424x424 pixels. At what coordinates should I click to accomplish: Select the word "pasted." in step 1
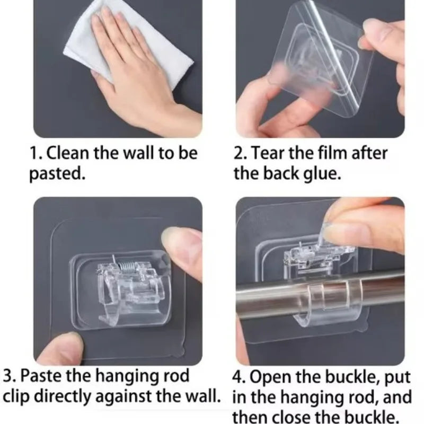click(57, 174)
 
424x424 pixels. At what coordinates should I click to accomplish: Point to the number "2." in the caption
click(241, 154)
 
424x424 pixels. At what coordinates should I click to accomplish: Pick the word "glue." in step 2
click(321, 174)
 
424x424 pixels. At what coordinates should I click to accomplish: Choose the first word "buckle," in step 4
click(352, 378)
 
